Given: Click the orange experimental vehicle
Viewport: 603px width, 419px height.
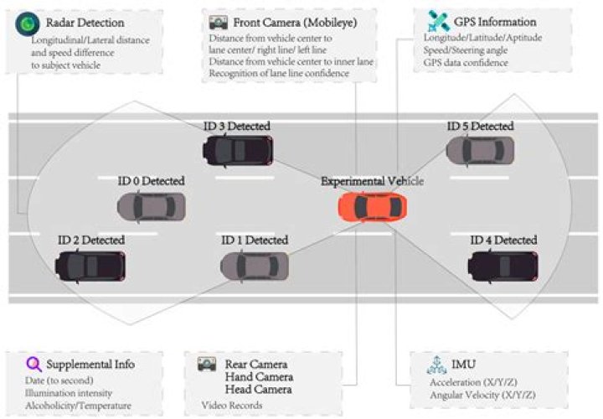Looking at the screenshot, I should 374,206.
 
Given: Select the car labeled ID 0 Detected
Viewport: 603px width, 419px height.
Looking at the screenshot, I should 151,206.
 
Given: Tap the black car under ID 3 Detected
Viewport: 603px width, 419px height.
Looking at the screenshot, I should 237,149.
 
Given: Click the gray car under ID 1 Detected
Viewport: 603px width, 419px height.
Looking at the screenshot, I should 255,266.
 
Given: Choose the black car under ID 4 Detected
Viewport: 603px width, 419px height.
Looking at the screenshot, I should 502,266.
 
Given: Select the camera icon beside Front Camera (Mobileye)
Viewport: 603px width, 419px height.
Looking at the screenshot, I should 219,23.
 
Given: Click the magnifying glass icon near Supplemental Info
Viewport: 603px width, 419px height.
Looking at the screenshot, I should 33,364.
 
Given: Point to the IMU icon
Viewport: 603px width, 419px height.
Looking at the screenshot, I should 435,364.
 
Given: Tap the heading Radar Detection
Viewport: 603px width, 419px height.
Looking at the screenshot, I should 86,23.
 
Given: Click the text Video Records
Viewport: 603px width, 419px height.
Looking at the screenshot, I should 232,405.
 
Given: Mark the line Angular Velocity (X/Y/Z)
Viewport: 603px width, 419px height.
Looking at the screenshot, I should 482,394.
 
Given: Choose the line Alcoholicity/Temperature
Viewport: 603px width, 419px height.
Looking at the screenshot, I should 78,406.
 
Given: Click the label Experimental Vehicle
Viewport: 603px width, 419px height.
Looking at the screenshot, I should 372,181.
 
